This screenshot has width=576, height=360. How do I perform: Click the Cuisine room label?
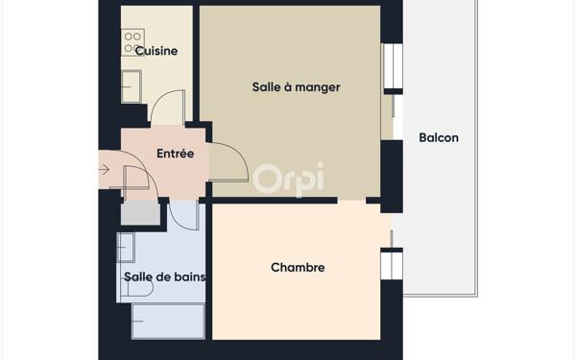point(156,51)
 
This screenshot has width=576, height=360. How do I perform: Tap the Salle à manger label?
point(296,87)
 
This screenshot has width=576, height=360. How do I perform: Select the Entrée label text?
point(175,154)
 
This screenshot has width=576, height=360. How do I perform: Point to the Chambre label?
point(298,268)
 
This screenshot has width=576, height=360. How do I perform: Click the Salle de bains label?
point(165,277)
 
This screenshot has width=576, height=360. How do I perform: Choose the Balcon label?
point(439,137)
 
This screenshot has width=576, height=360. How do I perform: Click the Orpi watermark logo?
point(288,178)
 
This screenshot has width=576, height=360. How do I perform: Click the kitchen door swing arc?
point(165,105)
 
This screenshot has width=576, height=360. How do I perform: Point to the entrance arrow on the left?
point(104,170)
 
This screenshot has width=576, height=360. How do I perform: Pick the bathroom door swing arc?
point(184,216)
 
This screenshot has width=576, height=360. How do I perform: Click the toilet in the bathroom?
point(126,248)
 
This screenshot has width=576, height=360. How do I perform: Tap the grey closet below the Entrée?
point(140,213)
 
